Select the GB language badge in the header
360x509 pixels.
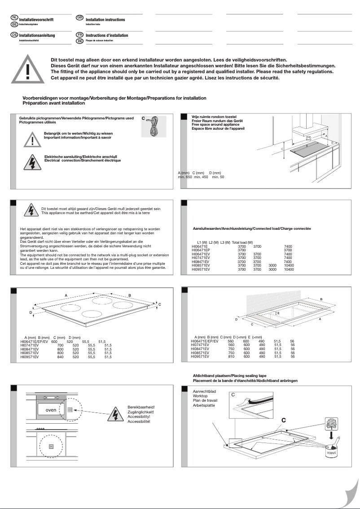(80, 17)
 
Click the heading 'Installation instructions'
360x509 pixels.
(105, 20)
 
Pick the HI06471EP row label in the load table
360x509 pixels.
(200, 250)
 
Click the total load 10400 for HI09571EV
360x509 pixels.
(289, 270)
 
